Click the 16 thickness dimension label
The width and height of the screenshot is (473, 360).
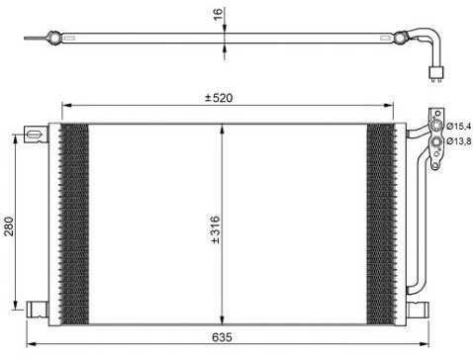[218, 14]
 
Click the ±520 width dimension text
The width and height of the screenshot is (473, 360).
[219, 98]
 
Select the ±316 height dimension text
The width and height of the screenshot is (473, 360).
[215, 229]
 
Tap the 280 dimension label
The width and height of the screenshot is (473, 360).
[9, 226]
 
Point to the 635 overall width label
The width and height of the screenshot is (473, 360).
[222, 337]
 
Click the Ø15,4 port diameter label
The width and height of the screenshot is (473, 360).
[459, 126]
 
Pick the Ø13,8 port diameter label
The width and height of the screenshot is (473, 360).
[459, 141]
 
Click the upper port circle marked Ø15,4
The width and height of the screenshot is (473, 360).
[436, 126]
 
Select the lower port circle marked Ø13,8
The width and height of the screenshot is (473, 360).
[436, 142]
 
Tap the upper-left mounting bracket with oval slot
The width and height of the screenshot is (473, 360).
[36, 135]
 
